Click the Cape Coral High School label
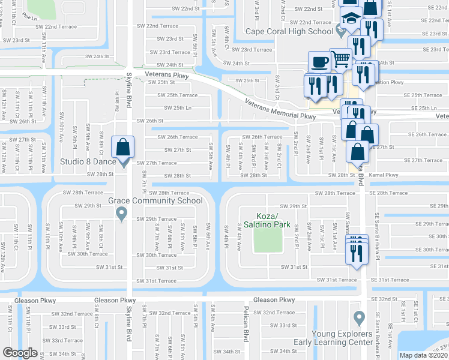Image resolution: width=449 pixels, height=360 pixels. [289, 32]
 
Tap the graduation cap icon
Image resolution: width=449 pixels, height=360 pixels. [351, 19]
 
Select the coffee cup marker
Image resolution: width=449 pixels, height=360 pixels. [318, 62]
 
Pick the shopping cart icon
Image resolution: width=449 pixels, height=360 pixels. [341, 59]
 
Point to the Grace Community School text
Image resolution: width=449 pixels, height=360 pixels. [155, 200]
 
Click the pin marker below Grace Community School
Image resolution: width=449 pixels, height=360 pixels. [122, 212]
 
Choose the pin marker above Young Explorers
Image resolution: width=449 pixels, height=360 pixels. [359, 316]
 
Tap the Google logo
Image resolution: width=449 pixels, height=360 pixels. [20, 353]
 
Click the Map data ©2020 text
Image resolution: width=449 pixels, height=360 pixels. [424, 355]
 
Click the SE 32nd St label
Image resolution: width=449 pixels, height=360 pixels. [384, 298]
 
